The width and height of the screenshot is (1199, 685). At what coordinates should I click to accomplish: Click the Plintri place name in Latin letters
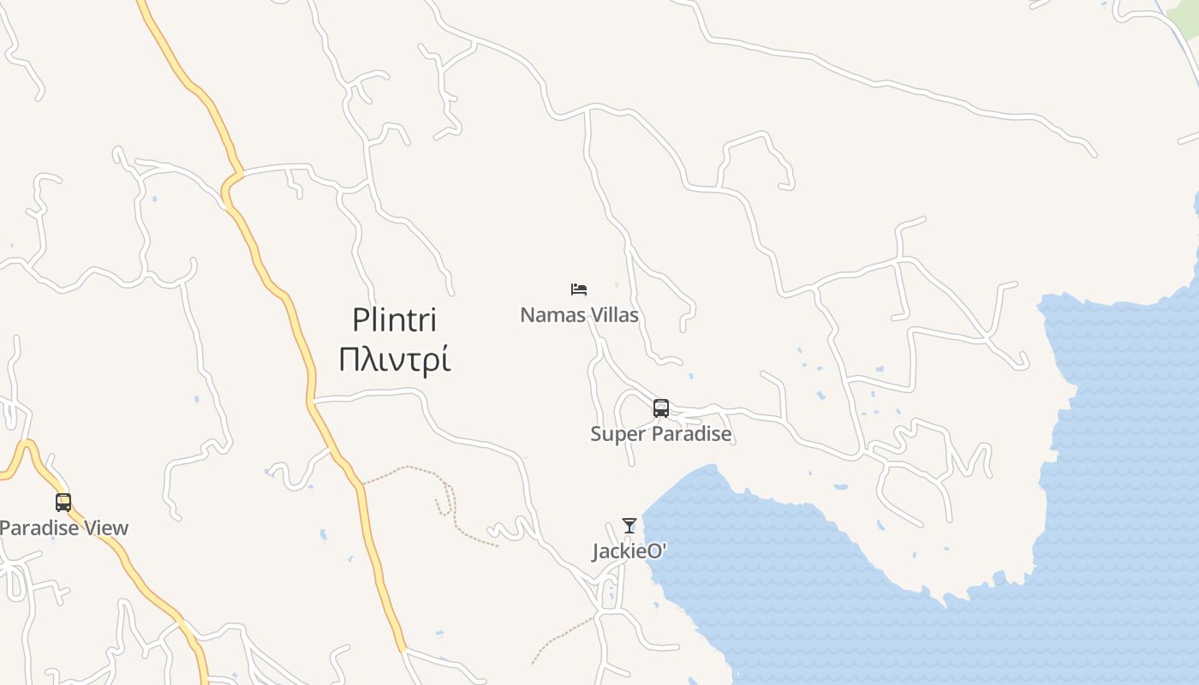tap(394, 320)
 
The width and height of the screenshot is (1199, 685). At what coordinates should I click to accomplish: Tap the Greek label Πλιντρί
tap(394, 360)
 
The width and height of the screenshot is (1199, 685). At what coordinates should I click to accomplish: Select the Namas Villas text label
tap(579, 315)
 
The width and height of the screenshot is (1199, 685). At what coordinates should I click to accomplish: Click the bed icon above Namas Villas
tap(579, 289)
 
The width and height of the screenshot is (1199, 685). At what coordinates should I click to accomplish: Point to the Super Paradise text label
tap(660, 433)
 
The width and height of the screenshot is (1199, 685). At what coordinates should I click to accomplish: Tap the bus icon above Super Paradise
tap(660, 408)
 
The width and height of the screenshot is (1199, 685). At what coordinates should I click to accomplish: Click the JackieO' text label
tap(629, 551)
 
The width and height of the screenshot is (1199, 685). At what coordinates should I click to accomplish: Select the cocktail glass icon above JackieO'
tap(629, 526)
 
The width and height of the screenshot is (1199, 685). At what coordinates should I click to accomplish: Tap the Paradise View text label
tap(63, 527)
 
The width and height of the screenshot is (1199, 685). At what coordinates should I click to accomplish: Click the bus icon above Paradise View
tap(63, 502)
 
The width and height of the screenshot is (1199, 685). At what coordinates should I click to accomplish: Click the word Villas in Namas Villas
tap(613, 315)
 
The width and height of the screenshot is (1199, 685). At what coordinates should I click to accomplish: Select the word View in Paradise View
tap(108, 527)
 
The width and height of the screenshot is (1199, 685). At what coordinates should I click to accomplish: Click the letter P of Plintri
tap(360, 320)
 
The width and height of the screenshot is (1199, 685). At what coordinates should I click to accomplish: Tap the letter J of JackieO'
tap(595, 552)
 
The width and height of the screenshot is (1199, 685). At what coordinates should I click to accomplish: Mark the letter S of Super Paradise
tap(595, 433)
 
